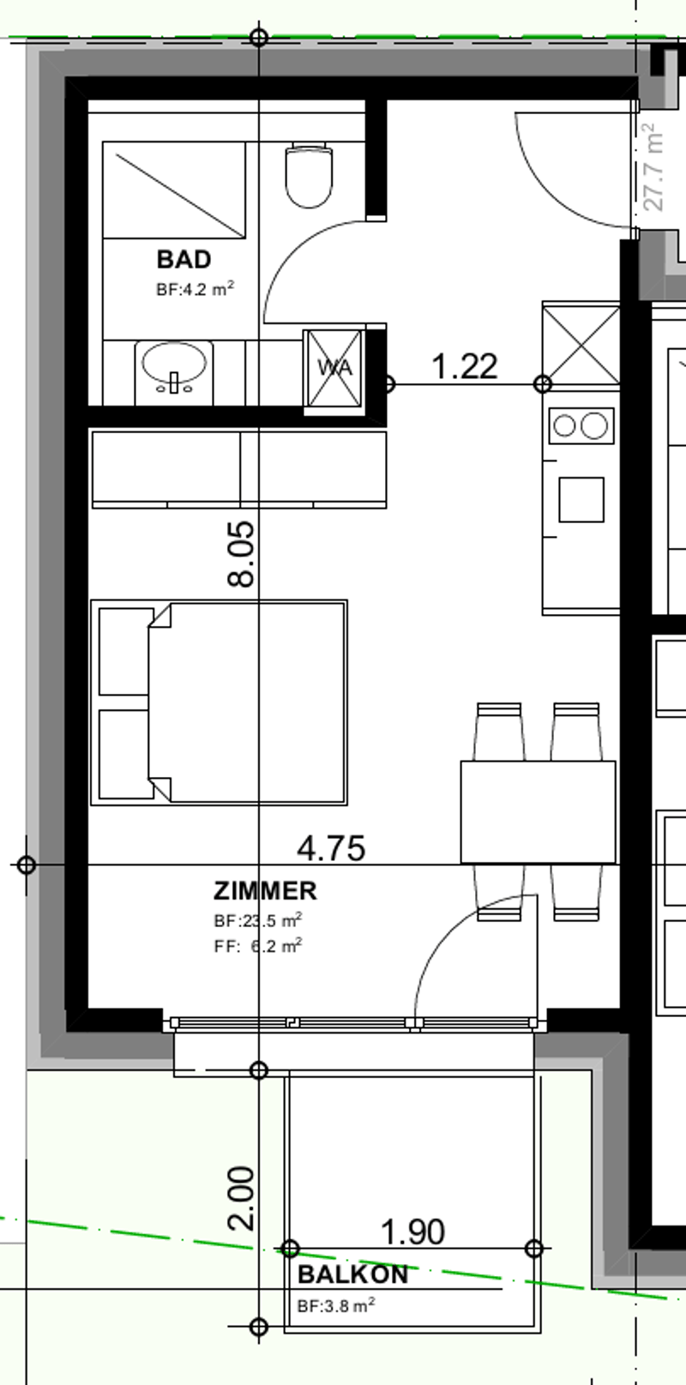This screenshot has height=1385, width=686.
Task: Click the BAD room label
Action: click(184, 259)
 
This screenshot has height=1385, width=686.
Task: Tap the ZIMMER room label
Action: click(265, 891)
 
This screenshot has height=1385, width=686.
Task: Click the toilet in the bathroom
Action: click(309, 175)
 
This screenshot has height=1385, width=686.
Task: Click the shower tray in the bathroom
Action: click(174, 190)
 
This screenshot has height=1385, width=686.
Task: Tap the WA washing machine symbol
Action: click(334, 369)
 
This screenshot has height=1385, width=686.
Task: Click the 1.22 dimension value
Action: click(465, 366)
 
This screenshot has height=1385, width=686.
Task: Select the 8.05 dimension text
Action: click(241, 554)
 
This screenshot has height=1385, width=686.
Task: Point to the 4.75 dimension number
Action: click(331, 847)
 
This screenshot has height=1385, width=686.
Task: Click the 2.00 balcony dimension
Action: click(241, 1198)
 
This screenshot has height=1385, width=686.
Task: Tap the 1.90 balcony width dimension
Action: click(412, 1231)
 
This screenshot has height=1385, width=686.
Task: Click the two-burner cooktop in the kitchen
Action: click(581, 425)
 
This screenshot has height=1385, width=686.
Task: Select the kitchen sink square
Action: click(581, 500)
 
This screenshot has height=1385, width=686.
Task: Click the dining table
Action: click(539, 812)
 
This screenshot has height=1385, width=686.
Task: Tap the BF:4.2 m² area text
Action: click(196, 289)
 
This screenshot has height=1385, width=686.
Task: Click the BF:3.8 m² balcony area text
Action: click(336, 1305)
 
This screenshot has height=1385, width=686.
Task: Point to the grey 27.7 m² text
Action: click(653, 167)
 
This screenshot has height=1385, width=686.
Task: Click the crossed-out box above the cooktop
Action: click(581, 345)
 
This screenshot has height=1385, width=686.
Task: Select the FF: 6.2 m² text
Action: click(258, 947)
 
